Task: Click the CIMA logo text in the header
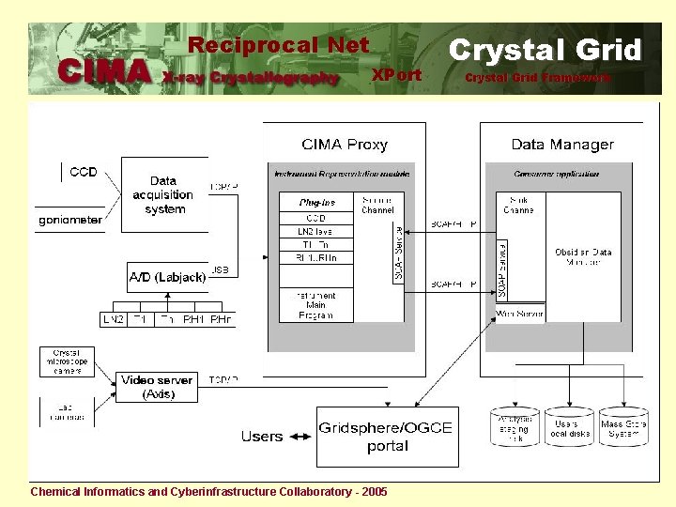(103, 71)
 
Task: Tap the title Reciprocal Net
(279, 45)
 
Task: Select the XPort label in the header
(396, 74)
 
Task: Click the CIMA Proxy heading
(345, 145)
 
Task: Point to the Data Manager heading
(562, 145)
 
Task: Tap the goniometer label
(69, 221)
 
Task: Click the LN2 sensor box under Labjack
(113, 320)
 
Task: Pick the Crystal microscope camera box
(68, 361)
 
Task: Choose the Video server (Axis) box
(157, 387)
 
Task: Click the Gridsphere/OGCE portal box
(385, 437)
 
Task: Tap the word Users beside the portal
(262, 437)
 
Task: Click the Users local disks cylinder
(568, 428)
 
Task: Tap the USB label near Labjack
(221, 269)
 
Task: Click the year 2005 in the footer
(373, 491)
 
